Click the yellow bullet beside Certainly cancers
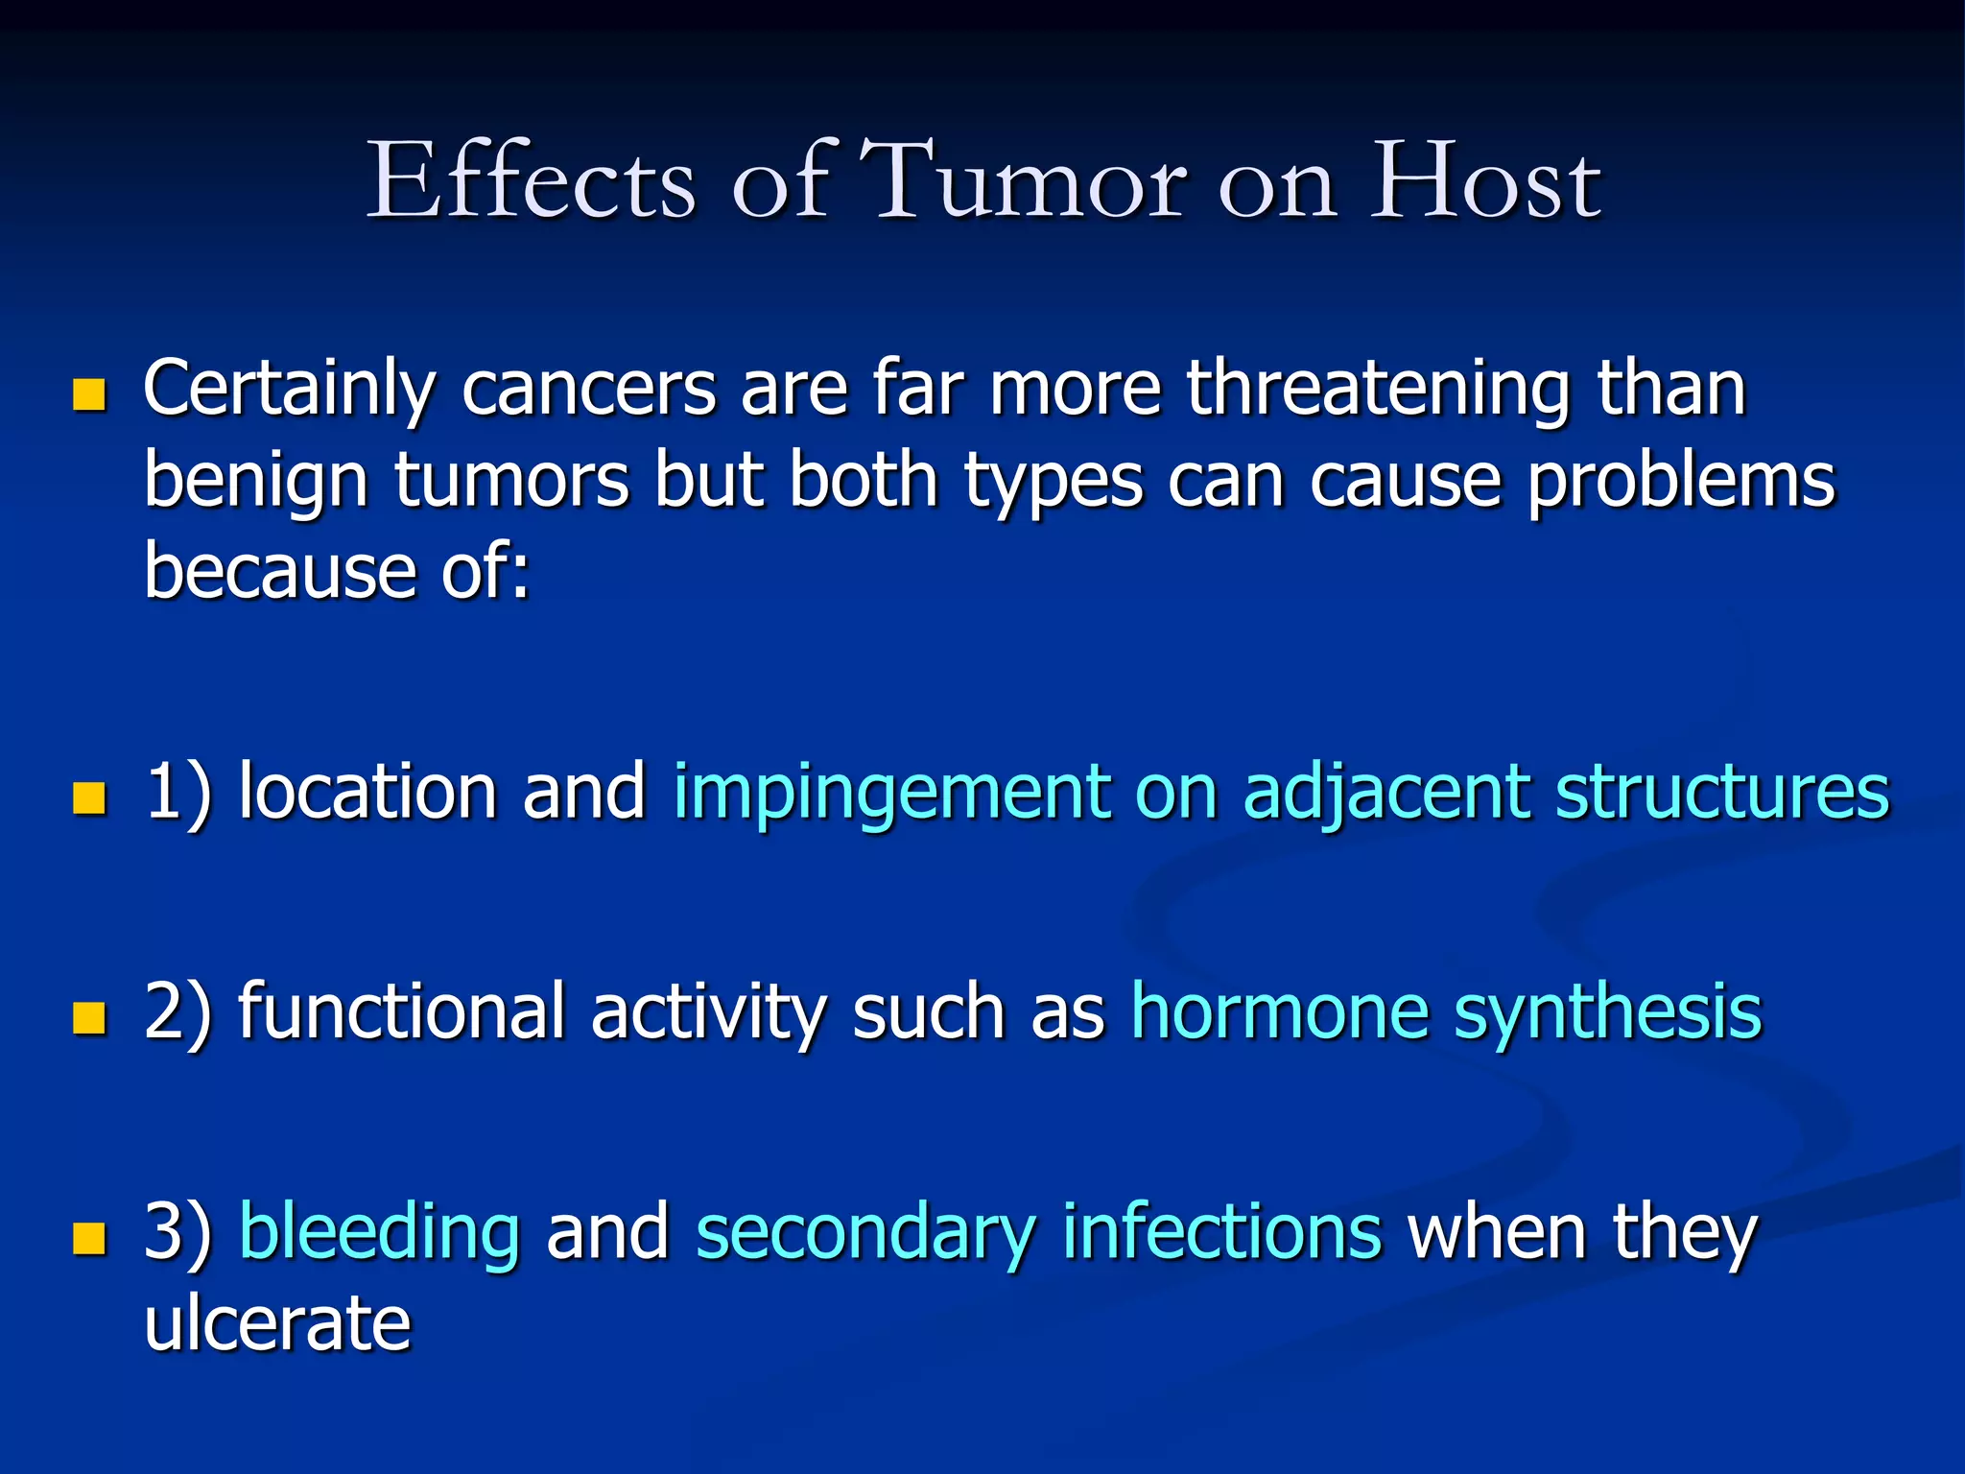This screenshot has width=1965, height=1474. pyautogui.click(x=89, y=394)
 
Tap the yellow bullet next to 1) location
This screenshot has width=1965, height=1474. pyautogui.click(x=89, y=797)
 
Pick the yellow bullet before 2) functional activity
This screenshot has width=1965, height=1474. pyautogui.click(x=89, y=1017)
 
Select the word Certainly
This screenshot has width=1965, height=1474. pyautogui.click(x=289, y=392)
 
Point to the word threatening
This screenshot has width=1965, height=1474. pyautogui.click(x=1379, y=390)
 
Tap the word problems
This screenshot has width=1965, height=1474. pyautogui.click(x=1680, y=483)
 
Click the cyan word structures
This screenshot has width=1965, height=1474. pyautogui.click(x=1721, y=793)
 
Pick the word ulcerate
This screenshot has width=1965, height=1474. pyautogui.click(x=277, y=1324)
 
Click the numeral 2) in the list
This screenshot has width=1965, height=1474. pyautogui.click(x=178, y=1013)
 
